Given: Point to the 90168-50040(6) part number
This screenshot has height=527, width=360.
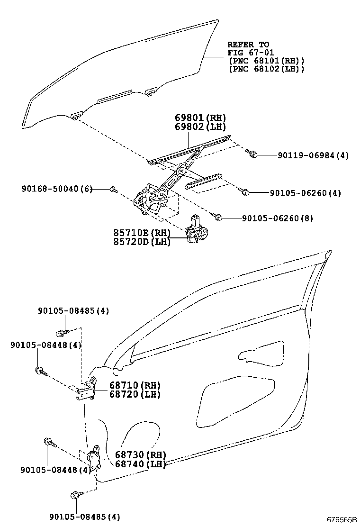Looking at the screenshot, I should [x=57, y=189].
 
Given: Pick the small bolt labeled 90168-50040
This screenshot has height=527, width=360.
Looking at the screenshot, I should [x=113, y=190].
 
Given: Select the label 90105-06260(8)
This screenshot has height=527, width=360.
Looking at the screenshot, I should [x=277, y=218].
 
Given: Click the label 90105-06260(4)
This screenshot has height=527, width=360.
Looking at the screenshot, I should [x=306, y=193].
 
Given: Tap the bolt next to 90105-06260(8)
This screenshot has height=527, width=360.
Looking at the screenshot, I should [x=218, y=217].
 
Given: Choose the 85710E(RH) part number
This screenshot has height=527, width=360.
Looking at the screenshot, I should [x=142, y=233].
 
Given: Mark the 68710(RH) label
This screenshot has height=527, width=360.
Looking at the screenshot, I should [x=128, y=385].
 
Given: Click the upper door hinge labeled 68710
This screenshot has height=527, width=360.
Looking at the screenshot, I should [x=86, y=390].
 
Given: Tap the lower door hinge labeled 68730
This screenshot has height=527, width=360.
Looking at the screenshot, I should [x=95, y=459].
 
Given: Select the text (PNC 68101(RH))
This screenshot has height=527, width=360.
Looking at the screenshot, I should [x=266, y=61].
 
